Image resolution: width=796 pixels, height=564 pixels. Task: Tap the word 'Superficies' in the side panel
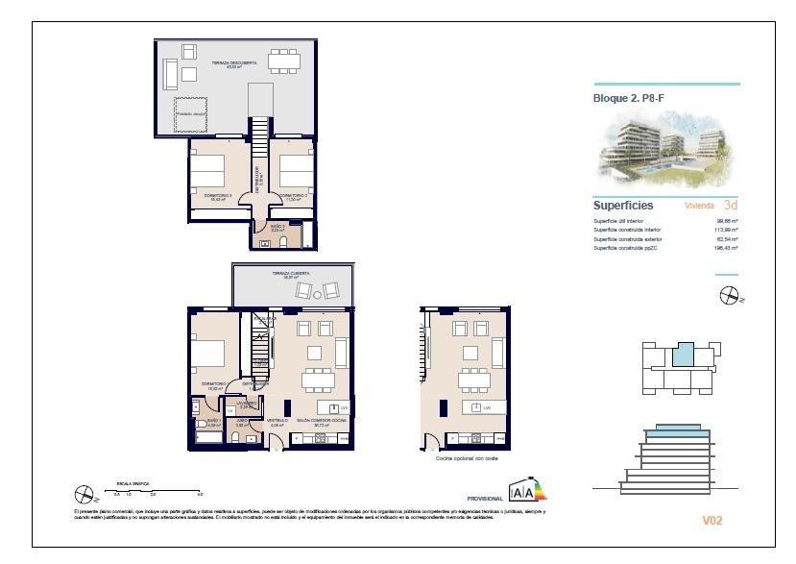(623, 206)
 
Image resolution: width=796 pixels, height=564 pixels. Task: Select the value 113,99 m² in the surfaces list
(726, 230)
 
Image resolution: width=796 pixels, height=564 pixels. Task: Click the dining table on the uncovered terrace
(283, 61)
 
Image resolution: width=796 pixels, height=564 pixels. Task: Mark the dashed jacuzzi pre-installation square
(192, 113)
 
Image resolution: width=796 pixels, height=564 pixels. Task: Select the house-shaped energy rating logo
(525, 491)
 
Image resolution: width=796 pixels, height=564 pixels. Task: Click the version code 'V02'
(712, 520)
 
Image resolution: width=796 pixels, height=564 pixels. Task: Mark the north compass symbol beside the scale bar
(84, 495)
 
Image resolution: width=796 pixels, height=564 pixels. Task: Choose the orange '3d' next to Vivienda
(731, 206)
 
